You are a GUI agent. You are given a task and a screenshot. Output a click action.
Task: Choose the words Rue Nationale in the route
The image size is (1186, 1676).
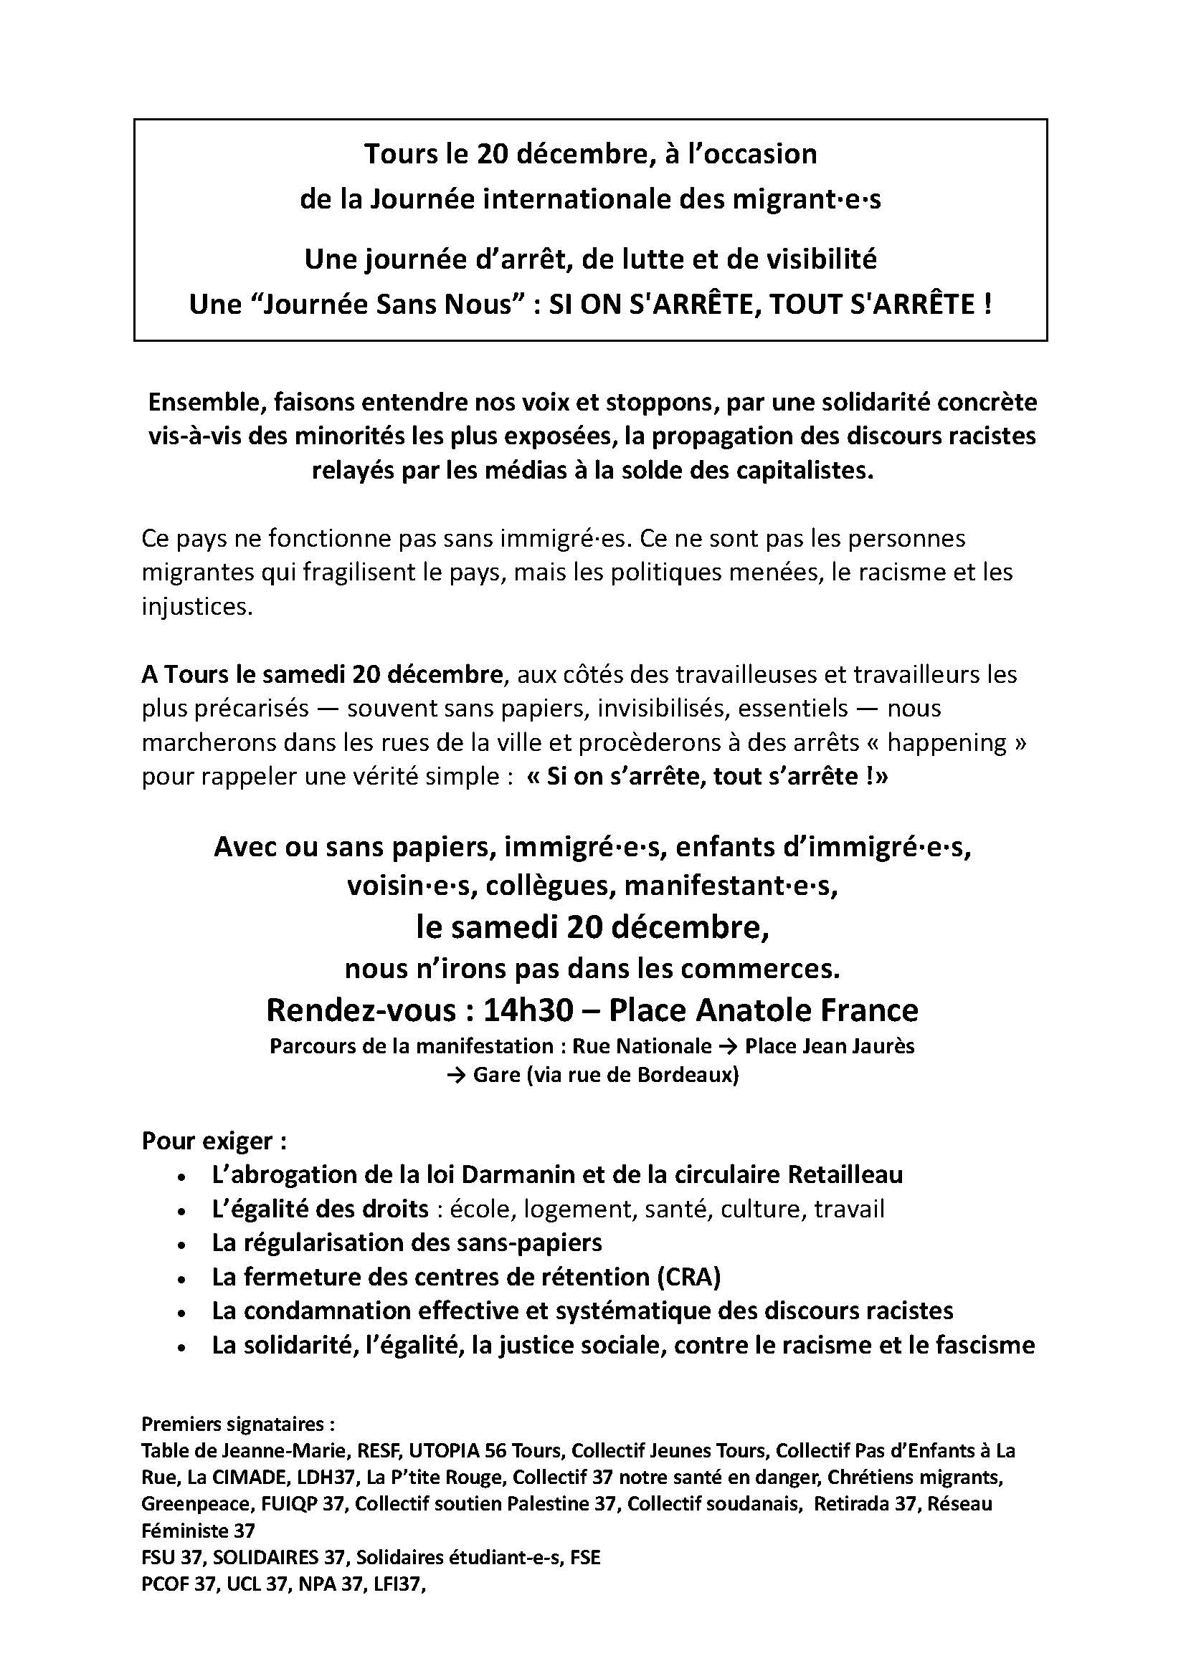(642, 1047)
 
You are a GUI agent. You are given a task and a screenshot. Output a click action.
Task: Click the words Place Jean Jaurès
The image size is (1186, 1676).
(830, 1047)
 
